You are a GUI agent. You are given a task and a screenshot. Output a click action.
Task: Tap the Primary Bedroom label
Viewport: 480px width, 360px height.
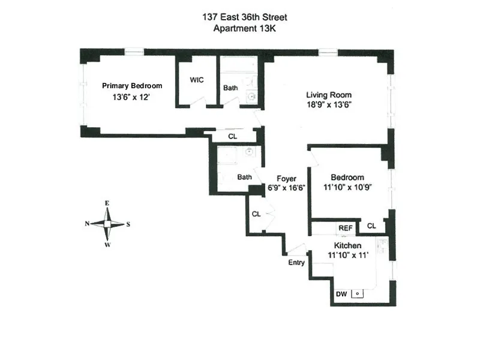(132, 86)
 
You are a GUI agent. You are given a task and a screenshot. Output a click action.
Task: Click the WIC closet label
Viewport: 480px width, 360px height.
(198, 80)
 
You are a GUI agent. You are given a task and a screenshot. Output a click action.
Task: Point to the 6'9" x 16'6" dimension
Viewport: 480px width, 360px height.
(287, 188)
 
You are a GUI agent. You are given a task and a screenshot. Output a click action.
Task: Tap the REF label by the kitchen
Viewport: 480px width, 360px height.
(345, 227)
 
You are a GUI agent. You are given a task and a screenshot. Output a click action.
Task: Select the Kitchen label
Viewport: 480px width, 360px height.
(347, 246)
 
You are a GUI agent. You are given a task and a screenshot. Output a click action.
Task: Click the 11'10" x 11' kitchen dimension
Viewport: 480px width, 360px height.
(348, 256)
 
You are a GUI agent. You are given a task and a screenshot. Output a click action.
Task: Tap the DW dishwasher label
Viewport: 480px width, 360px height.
(341, 294)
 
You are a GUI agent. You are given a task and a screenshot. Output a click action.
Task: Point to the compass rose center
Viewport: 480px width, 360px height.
(107, 224)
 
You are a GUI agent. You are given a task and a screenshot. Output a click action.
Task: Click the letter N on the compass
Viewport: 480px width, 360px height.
(88, 224)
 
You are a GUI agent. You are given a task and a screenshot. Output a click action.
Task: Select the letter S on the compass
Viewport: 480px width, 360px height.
(128, 224)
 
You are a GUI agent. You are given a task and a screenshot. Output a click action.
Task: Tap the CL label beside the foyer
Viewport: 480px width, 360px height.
(256, 214)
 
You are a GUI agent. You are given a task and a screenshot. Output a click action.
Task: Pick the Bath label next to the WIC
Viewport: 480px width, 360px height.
(230, 88)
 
